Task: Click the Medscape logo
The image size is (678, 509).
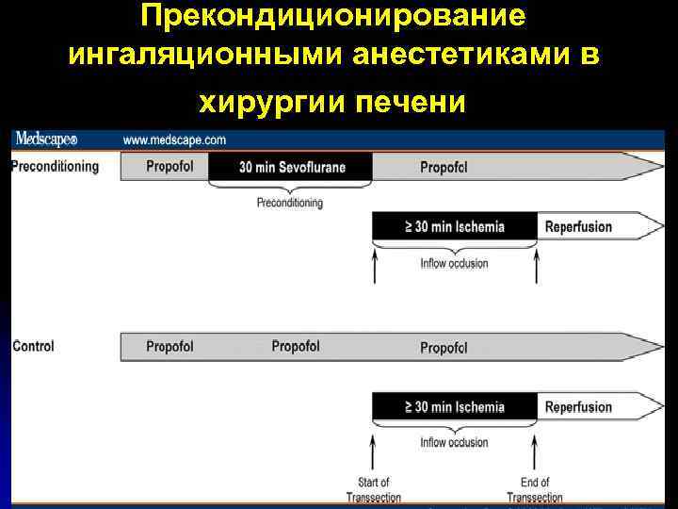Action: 45,140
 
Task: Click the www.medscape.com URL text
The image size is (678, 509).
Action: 174,140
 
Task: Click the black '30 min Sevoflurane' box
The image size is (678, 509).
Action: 292,168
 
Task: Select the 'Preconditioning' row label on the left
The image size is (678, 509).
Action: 55,167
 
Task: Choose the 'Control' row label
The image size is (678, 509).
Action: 33,346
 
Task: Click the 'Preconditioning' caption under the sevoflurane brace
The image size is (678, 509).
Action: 289,203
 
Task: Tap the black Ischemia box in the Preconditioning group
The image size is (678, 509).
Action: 455,226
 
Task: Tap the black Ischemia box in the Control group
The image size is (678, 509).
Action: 455,407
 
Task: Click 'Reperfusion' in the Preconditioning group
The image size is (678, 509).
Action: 578,226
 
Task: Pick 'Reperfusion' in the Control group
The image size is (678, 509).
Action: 578,407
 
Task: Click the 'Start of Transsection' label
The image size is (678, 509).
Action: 373,490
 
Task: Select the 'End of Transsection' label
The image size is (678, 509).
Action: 535,490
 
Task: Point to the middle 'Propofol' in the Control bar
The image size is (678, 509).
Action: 295,347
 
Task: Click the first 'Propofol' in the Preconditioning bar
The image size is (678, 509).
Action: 169,167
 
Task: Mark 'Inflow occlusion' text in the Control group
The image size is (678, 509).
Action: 454,443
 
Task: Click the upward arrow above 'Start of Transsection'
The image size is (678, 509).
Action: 374,452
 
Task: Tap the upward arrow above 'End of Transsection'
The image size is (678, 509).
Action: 536,452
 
